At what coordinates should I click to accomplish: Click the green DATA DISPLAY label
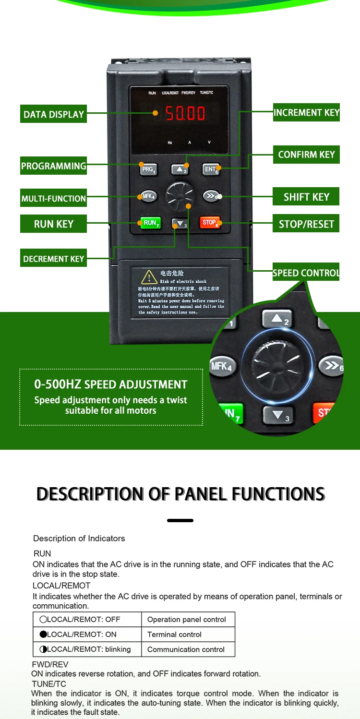click(53, 114)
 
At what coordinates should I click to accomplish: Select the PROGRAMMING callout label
click(53, 166)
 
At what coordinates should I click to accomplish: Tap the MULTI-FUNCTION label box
click(53, 198)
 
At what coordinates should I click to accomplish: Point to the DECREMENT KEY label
click(53, 259)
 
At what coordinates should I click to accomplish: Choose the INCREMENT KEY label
click(306, 112)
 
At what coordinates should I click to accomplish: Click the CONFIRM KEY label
click(306, 155)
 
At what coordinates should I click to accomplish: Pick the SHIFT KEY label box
click(306, 197)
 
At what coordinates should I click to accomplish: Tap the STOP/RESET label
click(306, 224)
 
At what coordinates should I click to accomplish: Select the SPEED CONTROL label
click(306, 273)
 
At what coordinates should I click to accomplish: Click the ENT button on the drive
click(211, 169)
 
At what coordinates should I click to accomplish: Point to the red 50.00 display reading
click(185, 114)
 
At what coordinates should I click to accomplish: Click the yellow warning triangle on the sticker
click(149, 277)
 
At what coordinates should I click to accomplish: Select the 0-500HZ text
click(58, 384)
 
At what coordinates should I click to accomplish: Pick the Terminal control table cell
click(188, 635)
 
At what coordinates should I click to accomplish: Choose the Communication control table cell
click(188, 649)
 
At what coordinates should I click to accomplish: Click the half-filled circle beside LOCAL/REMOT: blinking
click(43, 649)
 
